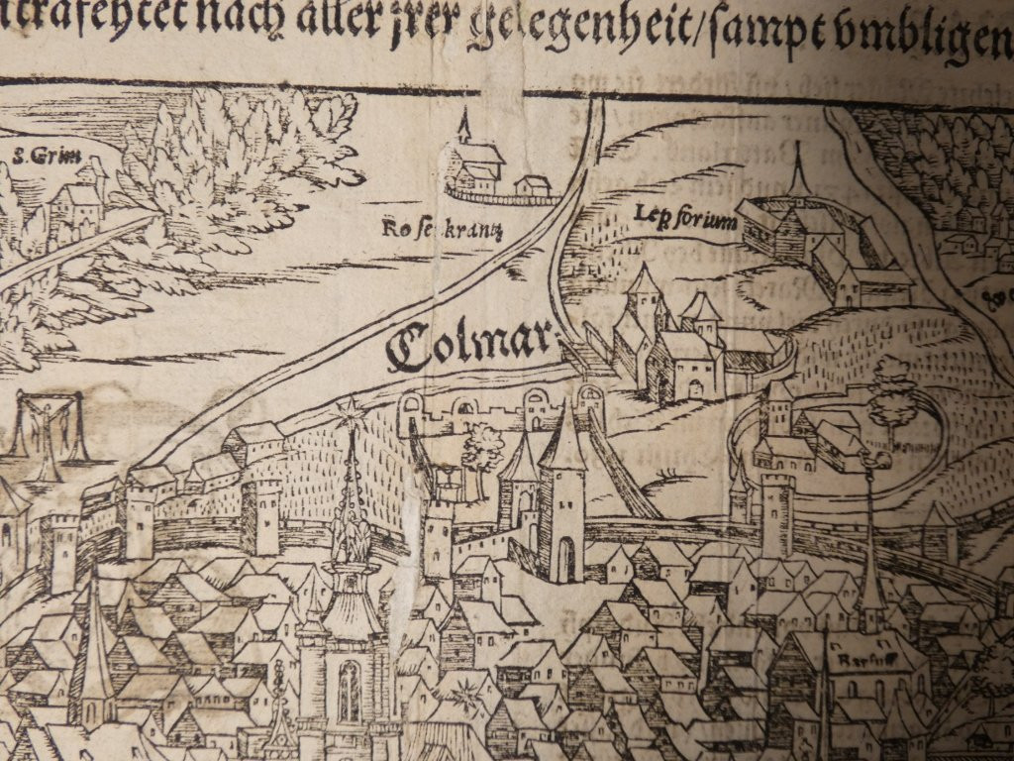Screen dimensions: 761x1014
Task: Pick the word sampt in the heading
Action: point(770,31)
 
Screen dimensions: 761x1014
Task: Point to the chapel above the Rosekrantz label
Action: point(471,163)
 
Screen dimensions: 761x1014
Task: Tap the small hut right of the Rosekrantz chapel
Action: point(533,185)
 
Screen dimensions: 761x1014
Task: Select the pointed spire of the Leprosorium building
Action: point(798,173)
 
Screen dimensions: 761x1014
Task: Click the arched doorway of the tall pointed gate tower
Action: point(563,560)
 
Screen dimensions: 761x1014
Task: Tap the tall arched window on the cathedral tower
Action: point(349,691)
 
